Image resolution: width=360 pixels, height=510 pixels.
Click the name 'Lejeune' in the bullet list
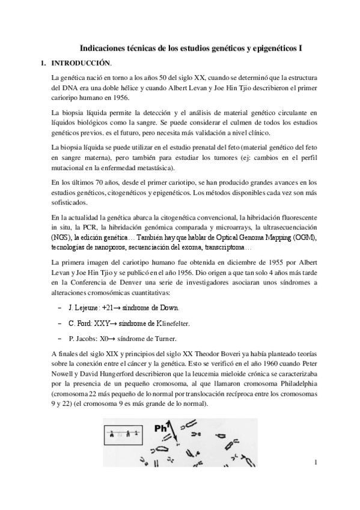click(x=88, y=307)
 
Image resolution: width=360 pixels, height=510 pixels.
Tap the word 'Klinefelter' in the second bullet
click(x=171, y=324)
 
